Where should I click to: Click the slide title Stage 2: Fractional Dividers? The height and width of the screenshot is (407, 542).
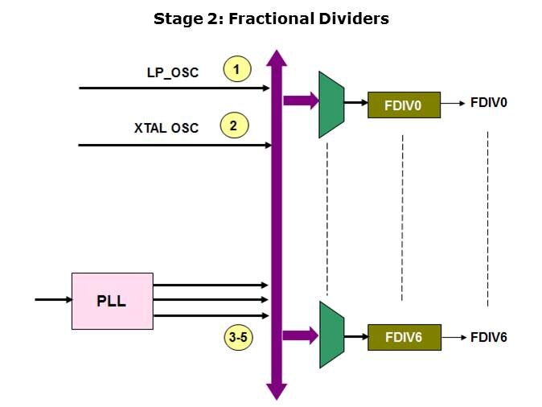pos(271,18)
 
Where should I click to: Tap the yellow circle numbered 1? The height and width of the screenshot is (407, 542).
pos(236,70)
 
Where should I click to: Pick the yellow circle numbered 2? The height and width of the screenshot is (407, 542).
pos(233,125)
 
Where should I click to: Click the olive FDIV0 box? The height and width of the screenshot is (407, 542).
pos(404,105)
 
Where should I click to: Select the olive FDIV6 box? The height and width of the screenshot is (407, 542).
pos(404,336)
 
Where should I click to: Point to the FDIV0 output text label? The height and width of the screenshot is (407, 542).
pos(488,104)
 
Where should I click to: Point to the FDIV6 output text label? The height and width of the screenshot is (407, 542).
pos(488,336)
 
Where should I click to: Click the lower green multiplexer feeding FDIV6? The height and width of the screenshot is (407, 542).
pos(331,335)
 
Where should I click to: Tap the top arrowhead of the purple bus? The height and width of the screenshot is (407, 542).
pos(277,58)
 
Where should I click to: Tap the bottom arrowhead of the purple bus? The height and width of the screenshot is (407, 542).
pos(277,392)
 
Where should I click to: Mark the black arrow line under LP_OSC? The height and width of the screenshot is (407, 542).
pos(174,88)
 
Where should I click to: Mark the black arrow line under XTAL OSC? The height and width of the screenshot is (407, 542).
pos(174,145)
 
